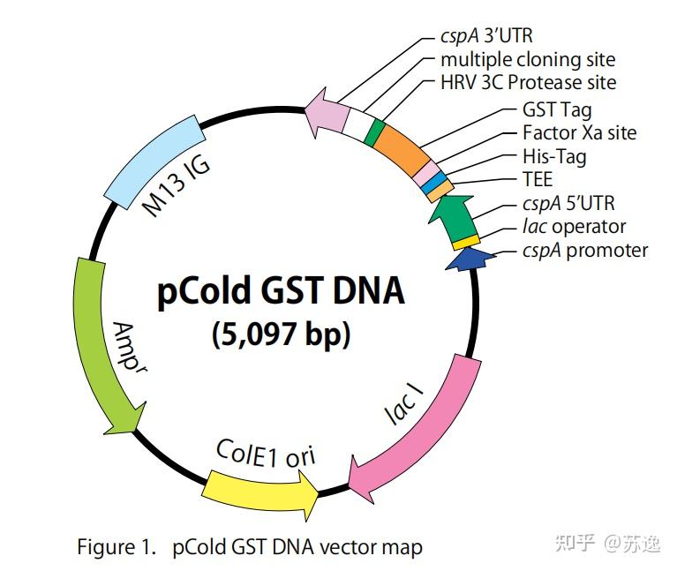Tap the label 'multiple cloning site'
[528, 59]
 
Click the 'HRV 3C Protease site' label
[528, 82]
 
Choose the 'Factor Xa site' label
[579, 133]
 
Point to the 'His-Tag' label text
[554, 156]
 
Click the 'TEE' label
[538, 179]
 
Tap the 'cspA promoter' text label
[584, 250]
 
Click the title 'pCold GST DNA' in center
[281, 290]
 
